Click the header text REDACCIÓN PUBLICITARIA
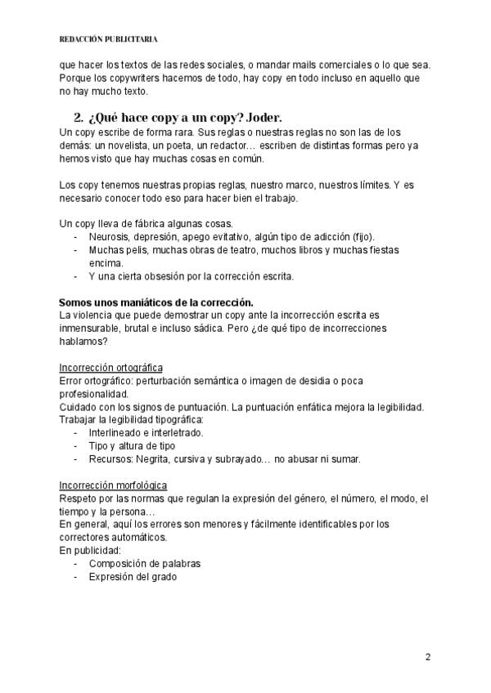pos(109,38)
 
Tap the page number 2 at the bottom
pos(428,656)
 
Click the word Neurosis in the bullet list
pos(110,237)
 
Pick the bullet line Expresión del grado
pos(133,577)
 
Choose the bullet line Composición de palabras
pos(144,564)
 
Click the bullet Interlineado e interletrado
pos(146,433)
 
